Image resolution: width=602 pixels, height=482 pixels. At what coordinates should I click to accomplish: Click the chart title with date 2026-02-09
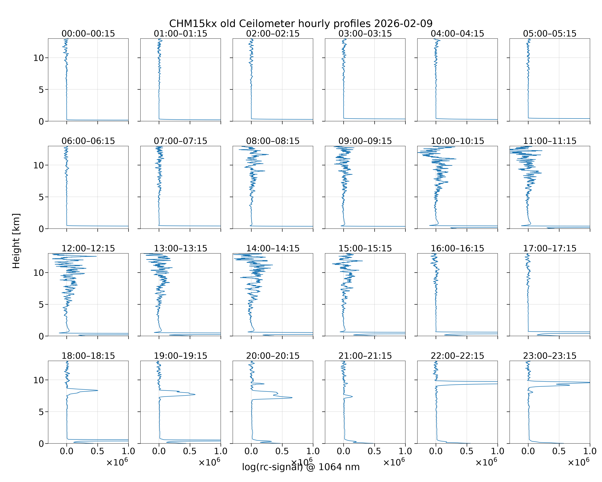pos(301,23)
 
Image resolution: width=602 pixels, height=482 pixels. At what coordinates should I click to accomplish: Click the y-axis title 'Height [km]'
pos(16,241)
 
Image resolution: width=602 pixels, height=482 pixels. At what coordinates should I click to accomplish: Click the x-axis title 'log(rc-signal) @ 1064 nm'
pos(301,467)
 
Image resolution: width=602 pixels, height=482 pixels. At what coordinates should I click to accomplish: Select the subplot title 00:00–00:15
pos(88,34)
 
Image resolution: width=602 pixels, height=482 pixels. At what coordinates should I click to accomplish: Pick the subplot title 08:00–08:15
pos(273,141)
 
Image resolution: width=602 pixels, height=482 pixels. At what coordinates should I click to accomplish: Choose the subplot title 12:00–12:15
pos(88,248)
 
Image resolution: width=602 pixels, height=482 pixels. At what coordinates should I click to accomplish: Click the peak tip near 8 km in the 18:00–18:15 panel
pos(98,390)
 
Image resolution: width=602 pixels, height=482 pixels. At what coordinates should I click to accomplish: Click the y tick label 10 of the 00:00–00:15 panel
pos(39,58)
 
